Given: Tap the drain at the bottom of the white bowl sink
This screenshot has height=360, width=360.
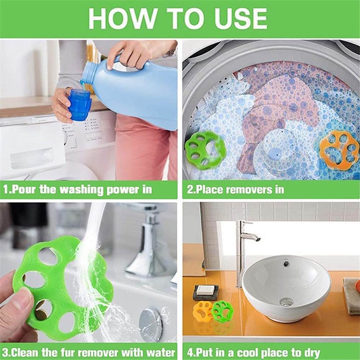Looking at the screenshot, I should [x=286, y=302].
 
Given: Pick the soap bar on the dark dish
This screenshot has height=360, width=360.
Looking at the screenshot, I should [x=206, y=290].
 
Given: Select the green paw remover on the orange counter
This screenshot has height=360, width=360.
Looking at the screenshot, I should [x=222, y=310].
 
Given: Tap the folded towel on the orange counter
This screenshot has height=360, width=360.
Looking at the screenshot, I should [x=351, y=295].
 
